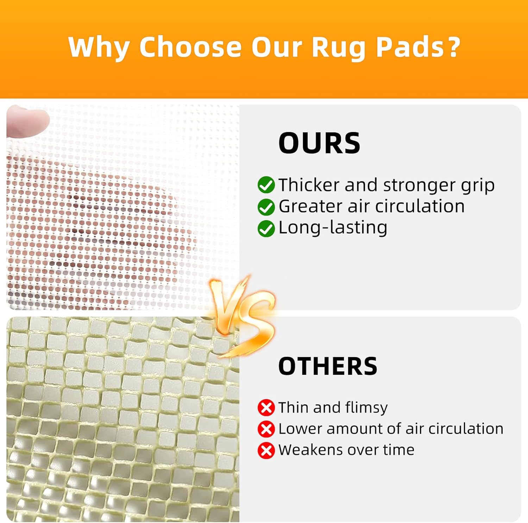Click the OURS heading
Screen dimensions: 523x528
click(x=319, y=143)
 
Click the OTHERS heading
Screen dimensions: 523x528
click(x=328, y=366)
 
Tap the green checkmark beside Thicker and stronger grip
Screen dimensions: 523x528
click(x=266, y=185)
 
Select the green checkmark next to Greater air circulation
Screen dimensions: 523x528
click(x=266, y=207)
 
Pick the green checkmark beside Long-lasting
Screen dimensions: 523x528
click(x=266, y=229)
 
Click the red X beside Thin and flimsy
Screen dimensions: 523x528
click(x=266, y=408)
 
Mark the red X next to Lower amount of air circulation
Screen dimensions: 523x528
click(x=266, y=429)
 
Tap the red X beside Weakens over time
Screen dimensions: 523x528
click(x=266, y=450)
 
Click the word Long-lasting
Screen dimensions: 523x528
click(x=333, y=228)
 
